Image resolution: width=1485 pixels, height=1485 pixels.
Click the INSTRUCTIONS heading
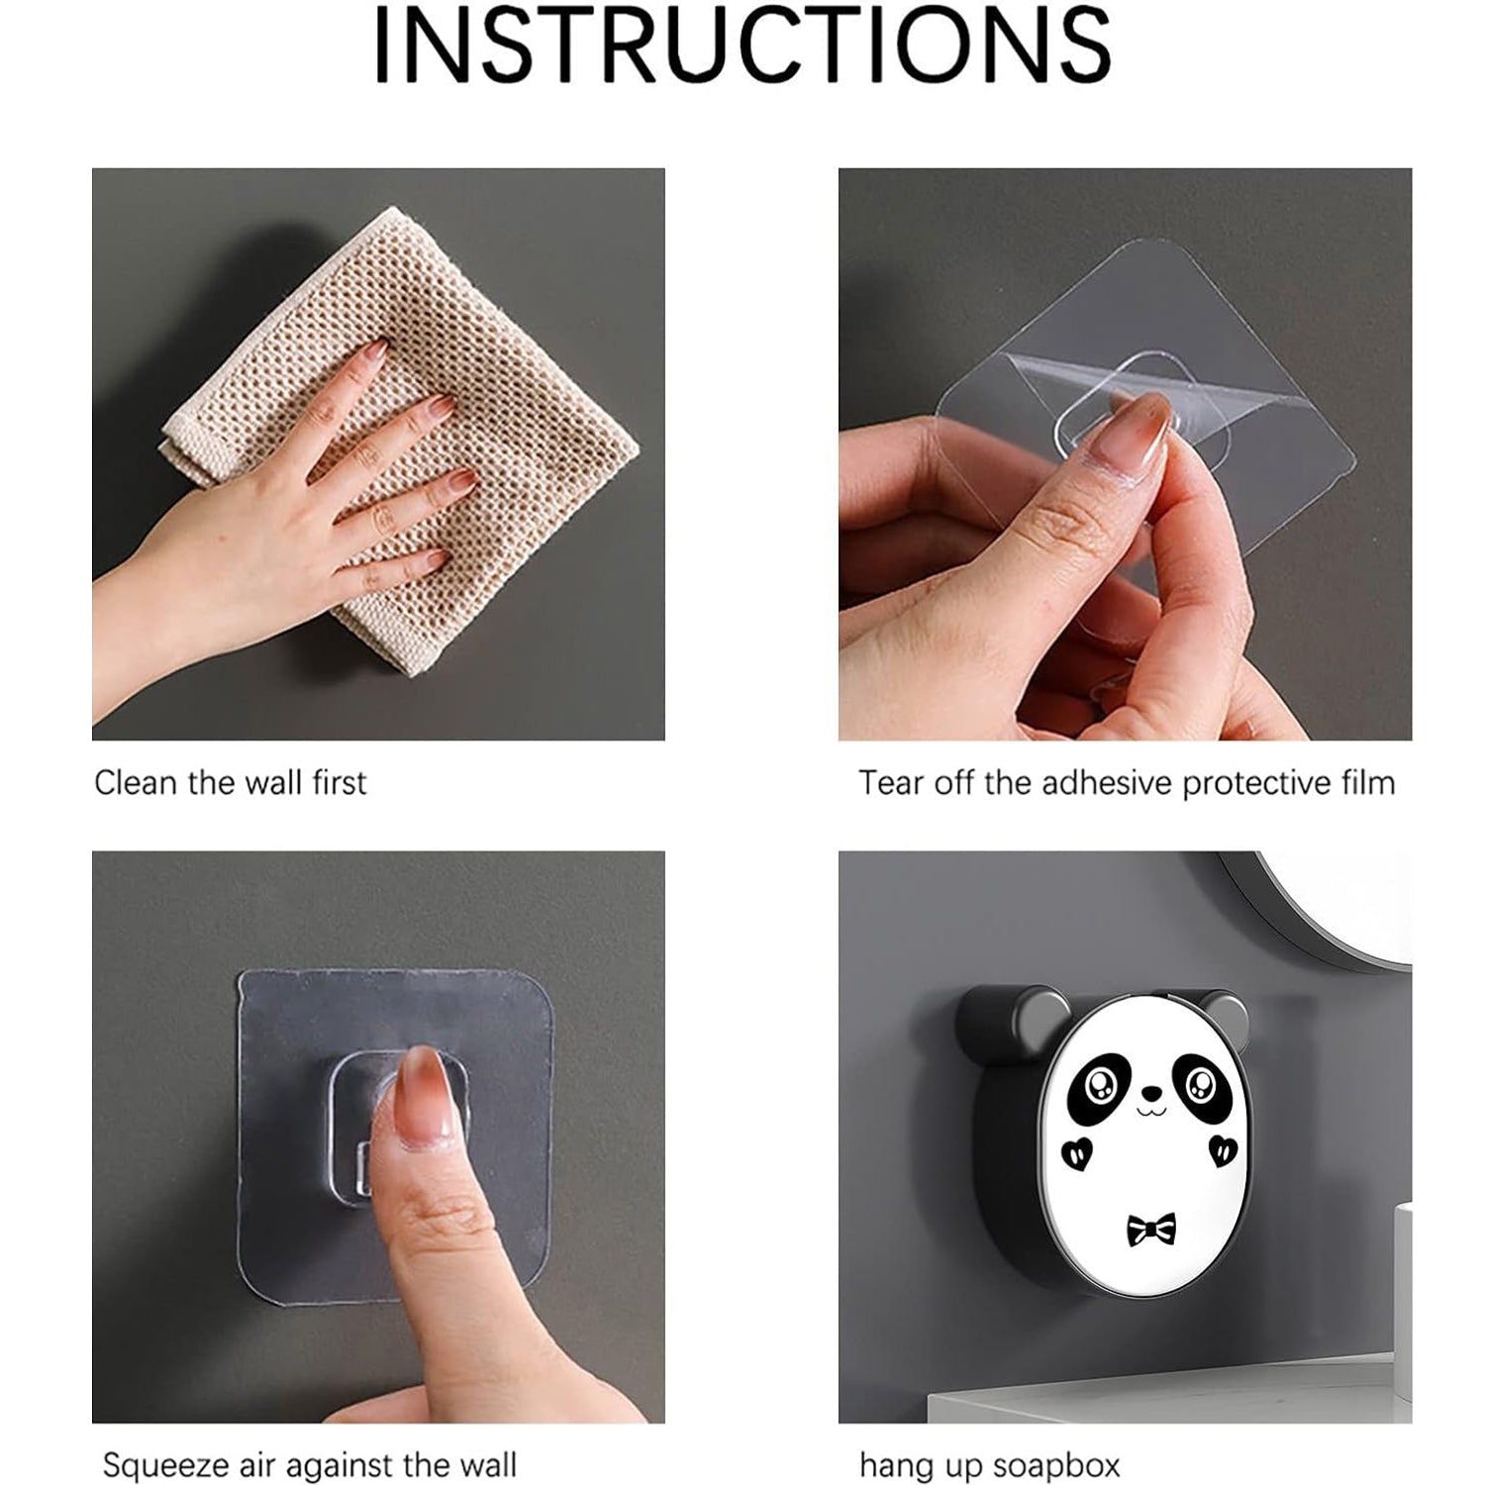(742, 47)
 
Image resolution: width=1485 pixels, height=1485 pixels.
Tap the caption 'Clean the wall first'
(230, 783)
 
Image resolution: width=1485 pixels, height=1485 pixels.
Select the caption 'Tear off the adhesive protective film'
(1127, 783)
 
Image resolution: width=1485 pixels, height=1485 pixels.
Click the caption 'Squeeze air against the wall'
(309, 1464)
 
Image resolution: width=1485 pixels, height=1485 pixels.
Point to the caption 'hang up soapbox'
(989, 1464)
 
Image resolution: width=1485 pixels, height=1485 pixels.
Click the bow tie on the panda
(1150, 1230)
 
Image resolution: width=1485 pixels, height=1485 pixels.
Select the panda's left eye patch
(1097, 1086)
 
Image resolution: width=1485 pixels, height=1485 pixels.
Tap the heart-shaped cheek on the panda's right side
(1223, 1150)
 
